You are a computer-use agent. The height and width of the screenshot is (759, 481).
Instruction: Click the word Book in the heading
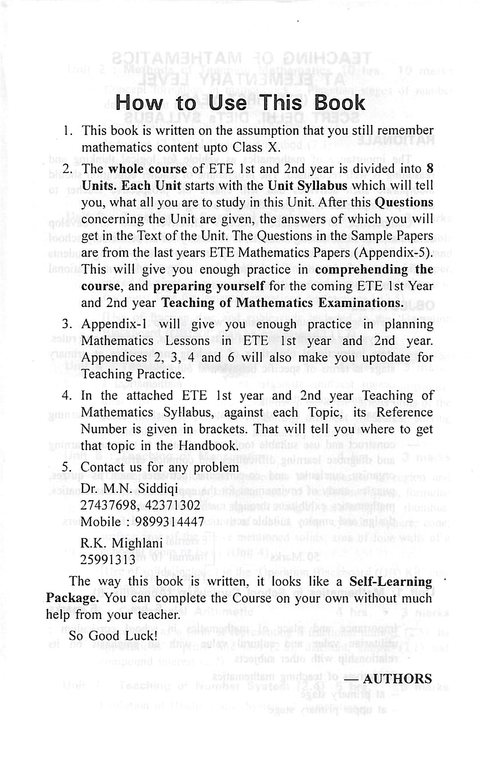coord(340,103)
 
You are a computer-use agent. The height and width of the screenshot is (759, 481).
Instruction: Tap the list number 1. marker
coord(68,131)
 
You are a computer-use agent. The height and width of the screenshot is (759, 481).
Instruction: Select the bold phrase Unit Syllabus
coord(307,186)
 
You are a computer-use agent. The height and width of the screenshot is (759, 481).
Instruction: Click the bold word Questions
coord(404,202)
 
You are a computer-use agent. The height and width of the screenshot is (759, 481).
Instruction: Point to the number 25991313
coord(107,560)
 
